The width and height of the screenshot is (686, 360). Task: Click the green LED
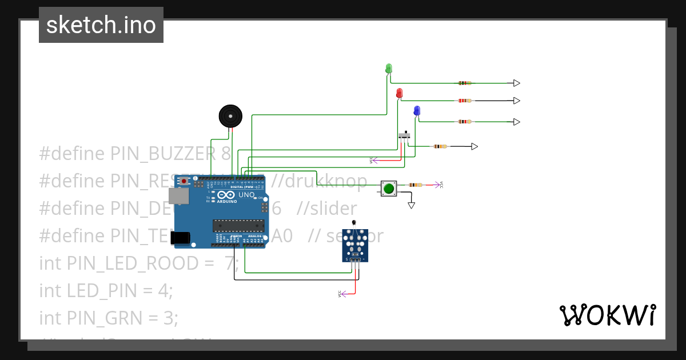(x=389, y=69)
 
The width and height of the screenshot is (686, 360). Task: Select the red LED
(x=399, y=93)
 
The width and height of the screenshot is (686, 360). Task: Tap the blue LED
(x=417, y=110)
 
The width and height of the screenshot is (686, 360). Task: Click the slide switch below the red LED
(x=404, y=136)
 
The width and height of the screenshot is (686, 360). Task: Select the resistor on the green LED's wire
(x=465, y=83)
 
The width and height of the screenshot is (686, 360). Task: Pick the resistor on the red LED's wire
(x=465, y=101)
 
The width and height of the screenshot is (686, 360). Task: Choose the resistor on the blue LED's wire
(x=465, y=122)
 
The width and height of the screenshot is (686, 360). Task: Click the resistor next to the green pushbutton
(x=416, y=185)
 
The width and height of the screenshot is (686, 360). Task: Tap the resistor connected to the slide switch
(x=440, y=146)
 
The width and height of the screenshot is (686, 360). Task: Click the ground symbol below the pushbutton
(x=411, y=205)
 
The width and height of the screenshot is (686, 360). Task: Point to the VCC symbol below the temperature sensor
(x=341, y=294)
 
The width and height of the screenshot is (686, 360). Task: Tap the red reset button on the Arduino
(x=184, y=181)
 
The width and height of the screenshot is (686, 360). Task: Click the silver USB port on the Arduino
(x=181, y=196)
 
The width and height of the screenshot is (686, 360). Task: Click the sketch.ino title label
(x=101, y=25)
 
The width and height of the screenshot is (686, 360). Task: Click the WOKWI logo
(x=607, y=315)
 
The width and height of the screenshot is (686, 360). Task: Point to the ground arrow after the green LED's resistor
(x=516, y=83)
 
